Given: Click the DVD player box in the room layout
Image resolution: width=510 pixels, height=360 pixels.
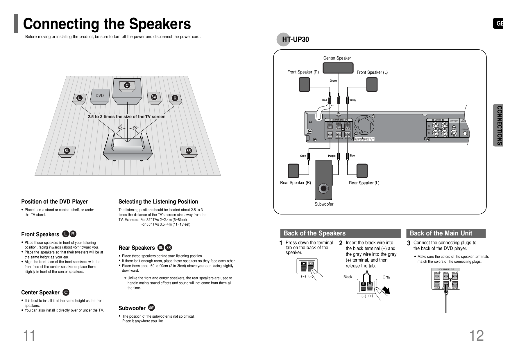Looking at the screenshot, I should tap(100, 96).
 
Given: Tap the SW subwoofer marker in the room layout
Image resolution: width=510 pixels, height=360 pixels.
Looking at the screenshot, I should tap(154, 97).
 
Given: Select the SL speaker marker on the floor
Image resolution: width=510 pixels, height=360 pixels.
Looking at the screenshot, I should tap(67, 151).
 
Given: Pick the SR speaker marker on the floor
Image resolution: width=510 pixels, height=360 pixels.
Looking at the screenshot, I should tap(189, 151).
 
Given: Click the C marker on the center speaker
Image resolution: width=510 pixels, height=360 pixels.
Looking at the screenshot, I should tap(127, 85).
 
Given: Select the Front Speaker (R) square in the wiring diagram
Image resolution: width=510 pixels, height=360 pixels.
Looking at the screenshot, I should tap(304, 84).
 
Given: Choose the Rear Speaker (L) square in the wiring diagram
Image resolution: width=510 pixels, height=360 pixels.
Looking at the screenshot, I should tap(362, 171).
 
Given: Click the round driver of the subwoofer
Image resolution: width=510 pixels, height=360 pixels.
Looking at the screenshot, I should tap(323, 188).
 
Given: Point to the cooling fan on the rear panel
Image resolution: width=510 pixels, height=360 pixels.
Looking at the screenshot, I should tap(364, 126).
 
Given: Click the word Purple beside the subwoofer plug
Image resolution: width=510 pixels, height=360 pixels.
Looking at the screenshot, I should tap(332, 156).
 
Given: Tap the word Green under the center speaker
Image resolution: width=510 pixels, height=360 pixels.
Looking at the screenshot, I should tap(333, 81).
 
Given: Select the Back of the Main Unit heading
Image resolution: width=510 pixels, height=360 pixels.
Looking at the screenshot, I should tap(441, 233).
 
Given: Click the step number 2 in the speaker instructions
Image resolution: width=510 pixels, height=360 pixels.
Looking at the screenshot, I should tap(341, 243).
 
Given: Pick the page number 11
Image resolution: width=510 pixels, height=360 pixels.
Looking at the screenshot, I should tap(29, 336).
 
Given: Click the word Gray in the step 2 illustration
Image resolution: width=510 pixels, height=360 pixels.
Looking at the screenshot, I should tap(386, 277).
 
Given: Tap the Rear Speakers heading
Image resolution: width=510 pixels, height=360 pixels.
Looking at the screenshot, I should tap(137, 248).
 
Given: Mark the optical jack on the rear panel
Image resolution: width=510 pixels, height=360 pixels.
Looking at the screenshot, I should tap(465, 133).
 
